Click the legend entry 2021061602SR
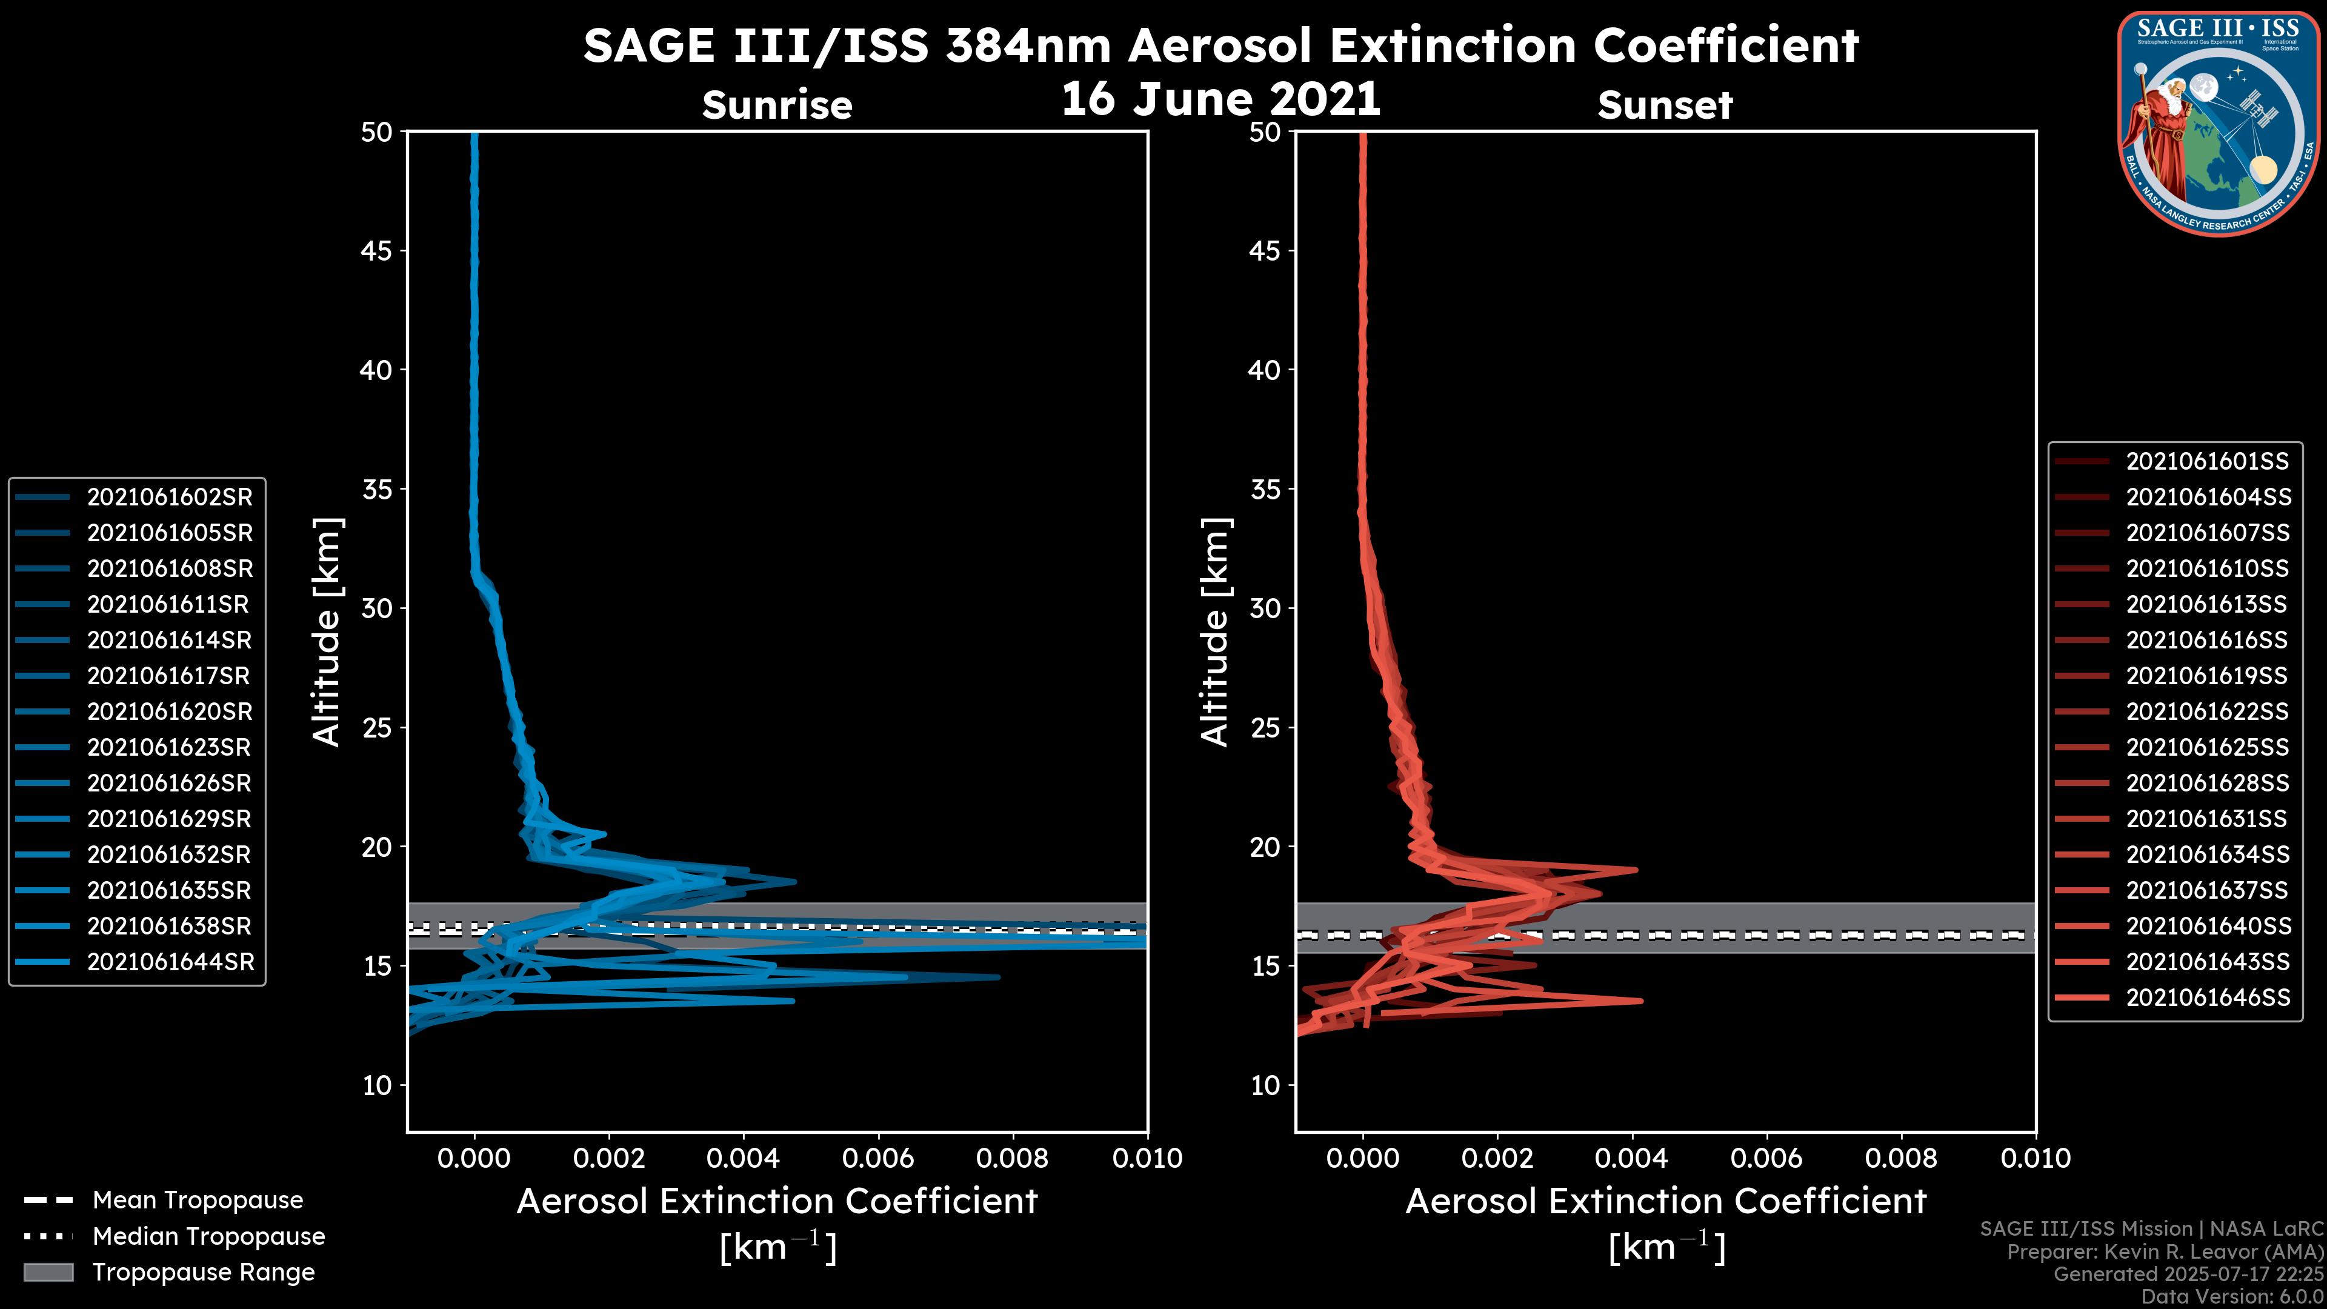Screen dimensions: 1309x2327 (170, 497)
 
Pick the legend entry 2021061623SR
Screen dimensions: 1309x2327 (170, 747)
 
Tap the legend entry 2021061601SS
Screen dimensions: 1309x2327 (2207, 462)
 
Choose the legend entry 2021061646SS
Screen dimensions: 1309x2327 (2207, 998)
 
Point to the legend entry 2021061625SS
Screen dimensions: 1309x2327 (2207, 747)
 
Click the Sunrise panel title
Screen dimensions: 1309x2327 (777, 105)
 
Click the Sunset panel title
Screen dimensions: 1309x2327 (1665, 105)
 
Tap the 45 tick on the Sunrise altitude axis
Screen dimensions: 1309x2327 (378, 250)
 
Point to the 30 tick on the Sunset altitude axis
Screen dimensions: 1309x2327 (1265, 608)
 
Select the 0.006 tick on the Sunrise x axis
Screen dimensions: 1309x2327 (877, 1158)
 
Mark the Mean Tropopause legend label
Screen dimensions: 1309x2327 (198, 1200)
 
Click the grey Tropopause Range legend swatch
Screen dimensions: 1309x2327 (48, 1272)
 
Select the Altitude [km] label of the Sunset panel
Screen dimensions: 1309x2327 (1215, 632)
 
